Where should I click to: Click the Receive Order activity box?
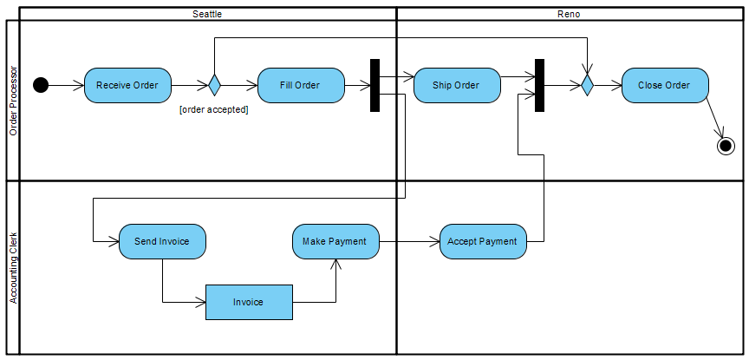(127, 86)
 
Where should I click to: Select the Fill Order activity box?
(300, 86)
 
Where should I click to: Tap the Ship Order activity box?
(456, 86)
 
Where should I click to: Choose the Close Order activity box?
(664, 86)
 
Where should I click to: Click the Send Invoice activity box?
(162, 241)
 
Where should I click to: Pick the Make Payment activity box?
(335, 241)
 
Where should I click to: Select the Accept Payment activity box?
(482, 241)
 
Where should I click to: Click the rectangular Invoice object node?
(249, 302)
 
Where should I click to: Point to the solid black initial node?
(41, 85)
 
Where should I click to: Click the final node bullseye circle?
(726, 146)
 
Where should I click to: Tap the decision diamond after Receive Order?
(213, 85)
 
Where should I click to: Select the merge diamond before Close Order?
(587, 85)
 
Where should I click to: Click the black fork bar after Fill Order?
(375, 85)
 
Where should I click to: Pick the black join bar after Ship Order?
(539, 85)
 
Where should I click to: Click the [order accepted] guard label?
(213, 109)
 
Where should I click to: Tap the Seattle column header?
(207, 14)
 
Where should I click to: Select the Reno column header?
(569, 14)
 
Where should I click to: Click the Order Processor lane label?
(13, 101)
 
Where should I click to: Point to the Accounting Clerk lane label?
(13, 267)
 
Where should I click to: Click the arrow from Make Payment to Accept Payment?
(409, 241)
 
